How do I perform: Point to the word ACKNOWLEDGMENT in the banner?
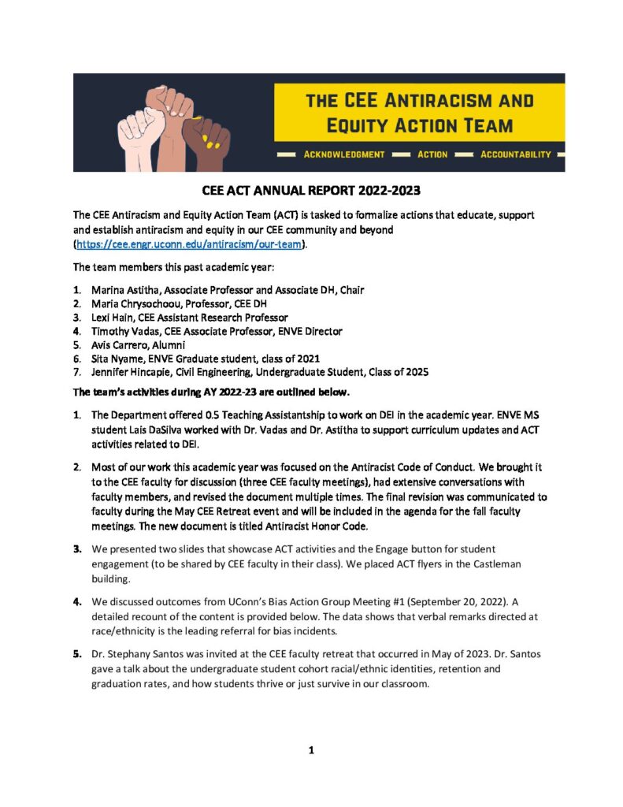point(344,154)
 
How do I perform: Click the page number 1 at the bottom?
point(312,750)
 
